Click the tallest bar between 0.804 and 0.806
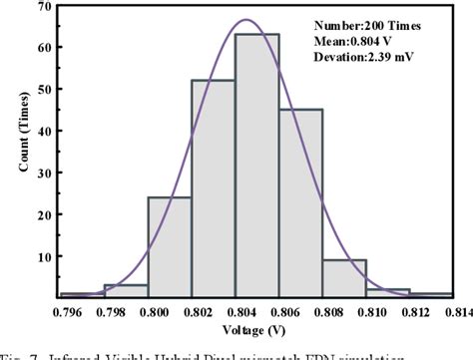click(x=256, y=166)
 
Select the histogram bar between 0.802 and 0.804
click(x=214, y=188)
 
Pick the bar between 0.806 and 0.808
click(x=300, y=203)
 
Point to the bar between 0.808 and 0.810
click(x=344, y=278)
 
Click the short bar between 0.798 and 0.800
click(x=126, y=290)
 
